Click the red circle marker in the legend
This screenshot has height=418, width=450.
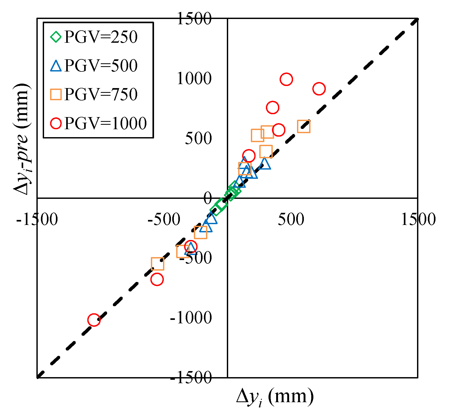click(56, 123)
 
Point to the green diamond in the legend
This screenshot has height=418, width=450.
click(56, 37)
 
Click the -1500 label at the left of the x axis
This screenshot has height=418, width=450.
click(37, 219)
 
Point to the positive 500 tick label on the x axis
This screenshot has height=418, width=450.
click(291, 219)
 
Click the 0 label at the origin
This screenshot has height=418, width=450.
click(208, 198)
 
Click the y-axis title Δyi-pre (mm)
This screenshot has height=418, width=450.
click(22, 139)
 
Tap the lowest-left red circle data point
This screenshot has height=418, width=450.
click(94, 320)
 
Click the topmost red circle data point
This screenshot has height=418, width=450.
click(286, 79)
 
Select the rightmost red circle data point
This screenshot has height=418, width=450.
click(319, 89)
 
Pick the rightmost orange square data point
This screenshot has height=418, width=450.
click(304, 126)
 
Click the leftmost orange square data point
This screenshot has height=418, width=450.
click(157, 264)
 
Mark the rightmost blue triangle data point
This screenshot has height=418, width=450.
click(265, 164)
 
